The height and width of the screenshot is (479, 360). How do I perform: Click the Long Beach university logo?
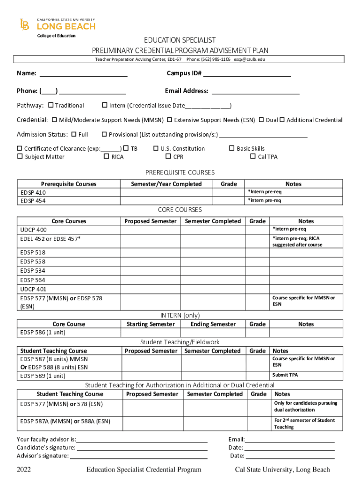coord(57,26)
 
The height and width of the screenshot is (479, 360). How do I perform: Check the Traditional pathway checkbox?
coord(51,105)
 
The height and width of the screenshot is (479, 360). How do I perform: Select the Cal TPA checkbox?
coord(253,157)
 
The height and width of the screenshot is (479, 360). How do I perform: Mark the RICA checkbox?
coord(106,157)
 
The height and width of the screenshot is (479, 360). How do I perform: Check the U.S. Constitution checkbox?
coord(156,148)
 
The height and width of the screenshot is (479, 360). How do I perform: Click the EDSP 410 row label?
coord(33,192)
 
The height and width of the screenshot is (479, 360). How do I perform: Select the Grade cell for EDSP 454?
coord(229,201)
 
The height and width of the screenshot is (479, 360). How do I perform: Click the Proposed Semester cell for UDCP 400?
coord(151,230)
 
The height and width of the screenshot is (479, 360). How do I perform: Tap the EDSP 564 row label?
coord(33,280)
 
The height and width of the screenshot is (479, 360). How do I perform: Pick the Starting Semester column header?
coord(151,324)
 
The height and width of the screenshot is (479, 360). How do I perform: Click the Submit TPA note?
coord(285,375)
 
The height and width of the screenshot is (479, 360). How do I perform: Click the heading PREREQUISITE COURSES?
coord(180,173)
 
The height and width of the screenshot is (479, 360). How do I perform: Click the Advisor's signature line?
coord(138,456)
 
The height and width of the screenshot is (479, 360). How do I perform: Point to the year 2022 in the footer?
coord(24,470)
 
